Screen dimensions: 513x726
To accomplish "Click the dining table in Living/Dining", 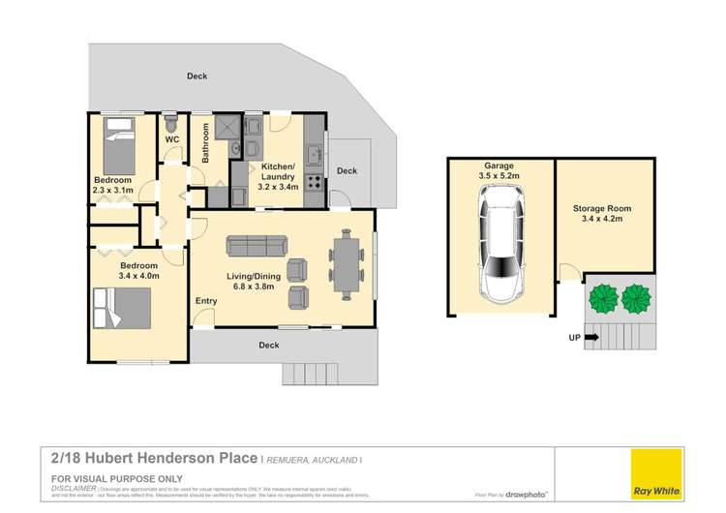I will [x=347, y=262].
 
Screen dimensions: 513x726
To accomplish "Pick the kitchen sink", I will [x=314, y=154].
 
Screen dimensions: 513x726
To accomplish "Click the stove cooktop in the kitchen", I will [x=314, y=180].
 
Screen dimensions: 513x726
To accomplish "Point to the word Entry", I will [x=206, y=301].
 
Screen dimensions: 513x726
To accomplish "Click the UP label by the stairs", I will [x=575, y=338].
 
